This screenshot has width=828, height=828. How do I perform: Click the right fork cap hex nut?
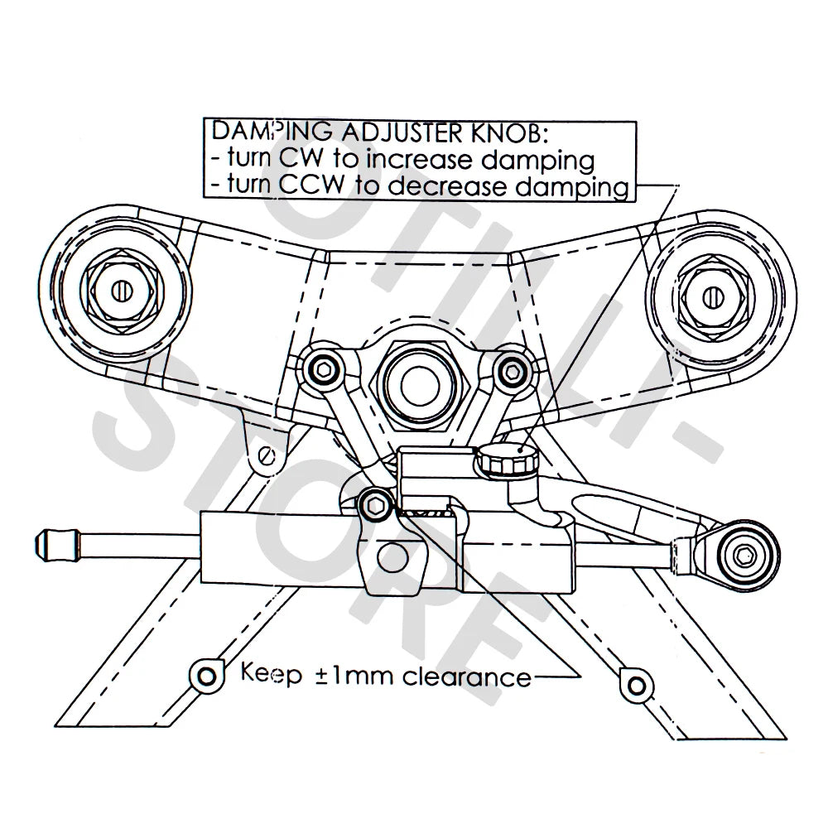(713, 294)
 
